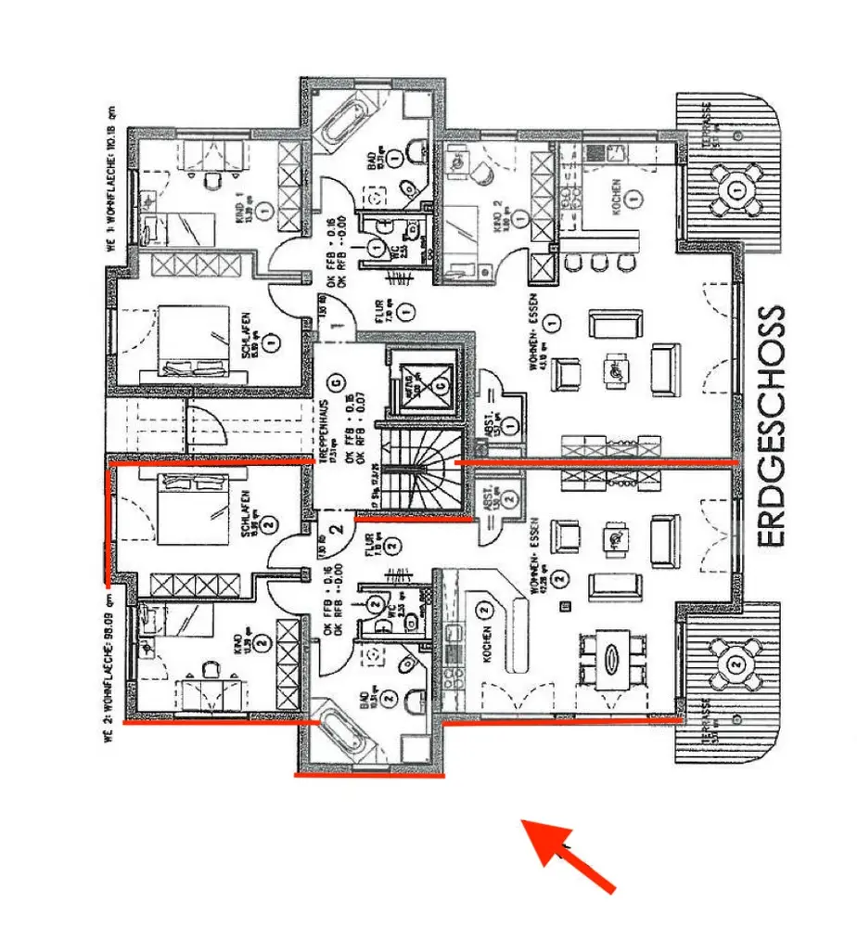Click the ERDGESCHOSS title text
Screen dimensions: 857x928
pos(770,426)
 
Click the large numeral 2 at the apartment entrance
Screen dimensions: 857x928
pos(338,529)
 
